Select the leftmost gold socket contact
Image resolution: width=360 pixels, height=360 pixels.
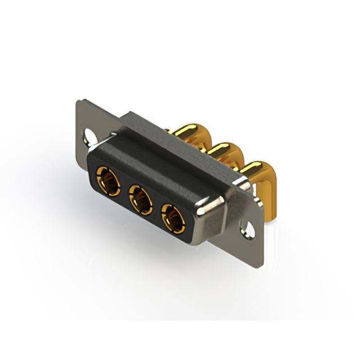click(107, 179)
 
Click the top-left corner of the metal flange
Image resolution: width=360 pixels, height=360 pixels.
click(79, 101)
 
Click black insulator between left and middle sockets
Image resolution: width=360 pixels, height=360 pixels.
click(123, 190)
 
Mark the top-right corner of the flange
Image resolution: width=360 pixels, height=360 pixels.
click(262, 188)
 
